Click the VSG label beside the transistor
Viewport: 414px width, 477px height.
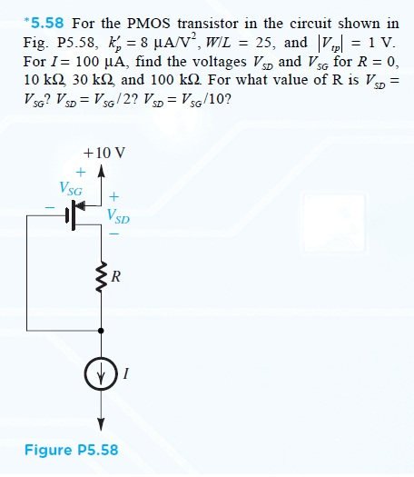[71, 191]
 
